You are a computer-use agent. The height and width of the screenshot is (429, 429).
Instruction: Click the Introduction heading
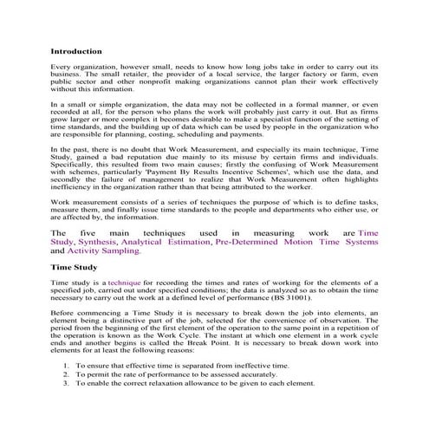click(x=77, y=51)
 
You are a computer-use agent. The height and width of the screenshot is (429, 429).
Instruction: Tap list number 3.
click(x=67, y=382)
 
